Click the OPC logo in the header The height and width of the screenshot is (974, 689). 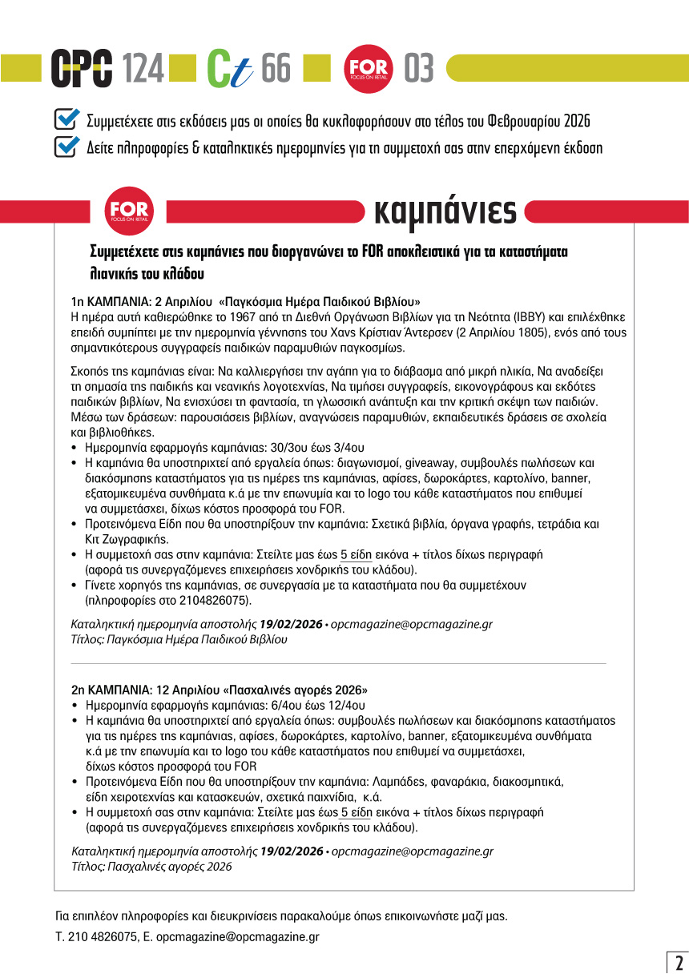click(81, 69)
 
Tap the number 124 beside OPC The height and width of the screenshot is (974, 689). click(143, 70)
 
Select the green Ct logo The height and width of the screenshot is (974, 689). click(230, 70)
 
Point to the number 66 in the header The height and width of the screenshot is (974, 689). click(276, 70)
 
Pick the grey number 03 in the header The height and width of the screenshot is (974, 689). click(418, 70)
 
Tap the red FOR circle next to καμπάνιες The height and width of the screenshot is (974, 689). click(128, 211)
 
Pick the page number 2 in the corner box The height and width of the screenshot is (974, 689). click(677, 961)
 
